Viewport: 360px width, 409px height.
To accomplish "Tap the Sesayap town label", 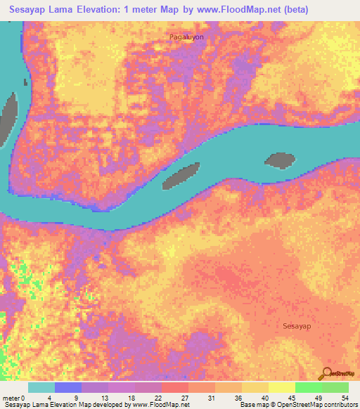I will [x=297, y=326].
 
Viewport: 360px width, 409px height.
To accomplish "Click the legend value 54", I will [x=345, y=397].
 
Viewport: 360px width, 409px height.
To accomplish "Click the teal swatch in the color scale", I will [x=41, y=387].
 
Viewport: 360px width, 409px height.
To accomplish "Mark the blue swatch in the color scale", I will [x=68, y=387].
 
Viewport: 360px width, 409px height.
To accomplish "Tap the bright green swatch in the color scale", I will [x=309, y=387].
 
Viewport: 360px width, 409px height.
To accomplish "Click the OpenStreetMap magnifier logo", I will [x=326, y=373].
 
